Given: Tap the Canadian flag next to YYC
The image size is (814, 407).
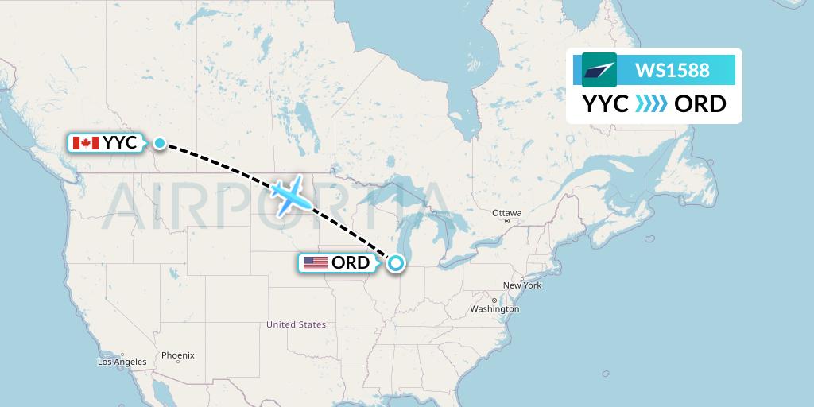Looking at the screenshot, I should [85, 143].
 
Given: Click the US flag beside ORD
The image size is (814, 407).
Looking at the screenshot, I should [316, 263].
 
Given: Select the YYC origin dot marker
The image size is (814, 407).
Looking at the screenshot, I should [160, 143].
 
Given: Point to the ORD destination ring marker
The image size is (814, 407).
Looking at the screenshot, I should [395, 262].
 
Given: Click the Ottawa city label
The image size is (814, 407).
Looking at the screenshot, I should [506, 213].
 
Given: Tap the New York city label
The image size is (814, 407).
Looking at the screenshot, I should [521, 285].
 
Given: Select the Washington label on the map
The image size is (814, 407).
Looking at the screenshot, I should [494, 308].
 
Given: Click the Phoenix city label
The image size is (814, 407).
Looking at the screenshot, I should [177, 355].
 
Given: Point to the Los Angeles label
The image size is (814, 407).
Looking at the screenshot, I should [122, 362].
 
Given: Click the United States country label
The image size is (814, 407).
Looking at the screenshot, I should [296, 324].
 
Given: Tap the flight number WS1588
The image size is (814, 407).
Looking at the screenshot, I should [672, 71].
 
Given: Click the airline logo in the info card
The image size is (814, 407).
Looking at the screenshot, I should [599, 70].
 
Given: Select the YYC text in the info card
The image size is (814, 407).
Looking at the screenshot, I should [606, 104].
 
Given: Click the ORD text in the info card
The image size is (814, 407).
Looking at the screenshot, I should [700, 104].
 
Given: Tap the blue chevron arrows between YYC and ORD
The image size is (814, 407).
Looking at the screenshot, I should [652, 104].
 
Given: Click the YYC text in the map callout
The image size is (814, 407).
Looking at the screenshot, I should [119, 143].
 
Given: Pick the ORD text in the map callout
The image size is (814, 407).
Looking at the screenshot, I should [350, 263].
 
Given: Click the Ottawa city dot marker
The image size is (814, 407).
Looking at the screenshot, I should [506, 221].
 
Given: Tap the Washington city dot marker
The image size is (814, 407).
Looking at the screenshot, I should [494, 300].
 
